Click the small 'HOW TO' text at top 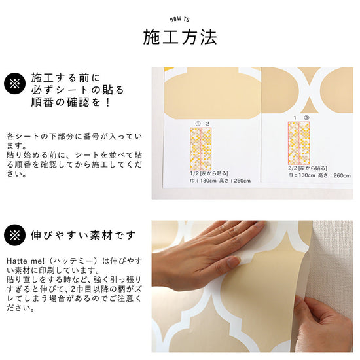click(x=179, y=20)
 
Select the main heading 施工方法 click(x=179, y=37)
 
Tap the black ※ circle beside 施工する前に click(x=13, y=84)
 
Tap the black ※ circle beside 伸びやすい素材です click(x=13, y=235)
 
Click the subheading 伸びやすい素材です click(x=83, y=235)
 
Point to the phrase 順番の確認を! click(x=71, y=103)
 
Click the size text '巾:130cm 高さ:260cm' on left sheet click(x=216, y=181)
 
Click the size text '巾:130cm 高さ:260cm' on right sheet click(x=313, y=175)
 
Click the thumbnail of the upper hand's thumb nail click(x=234, y=263)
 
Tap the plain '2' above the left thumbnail click(x=207, y=123)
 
